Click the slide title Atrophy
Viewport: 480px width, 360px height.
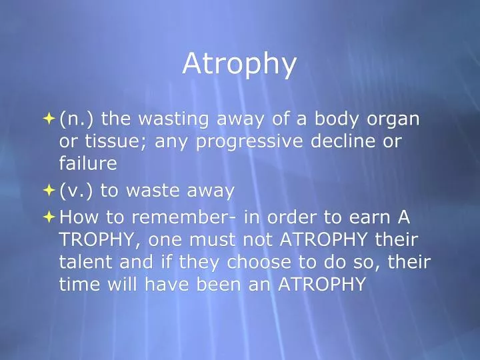[239, 63]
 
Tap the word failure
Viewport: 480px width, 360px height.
[88, 163]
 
